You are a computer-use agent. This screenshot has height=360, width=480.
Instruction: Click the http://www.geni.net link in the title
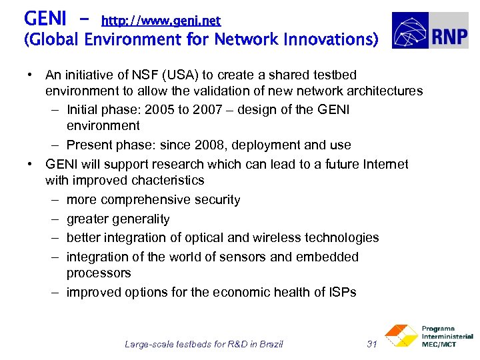click(x=161, y=21)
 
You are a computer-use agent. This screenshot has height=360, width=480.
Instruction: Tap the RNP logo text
click(x=449, y=31)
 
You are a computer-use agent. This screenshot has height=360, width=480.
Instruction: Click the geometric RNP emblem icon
click(x=411, y=31)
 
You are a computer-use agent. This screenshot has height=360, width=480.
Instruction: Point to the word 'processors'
click(x=99, y=273)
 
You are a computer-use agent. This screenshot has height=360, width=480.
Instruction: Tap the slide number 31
click(x=373, y=344)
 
